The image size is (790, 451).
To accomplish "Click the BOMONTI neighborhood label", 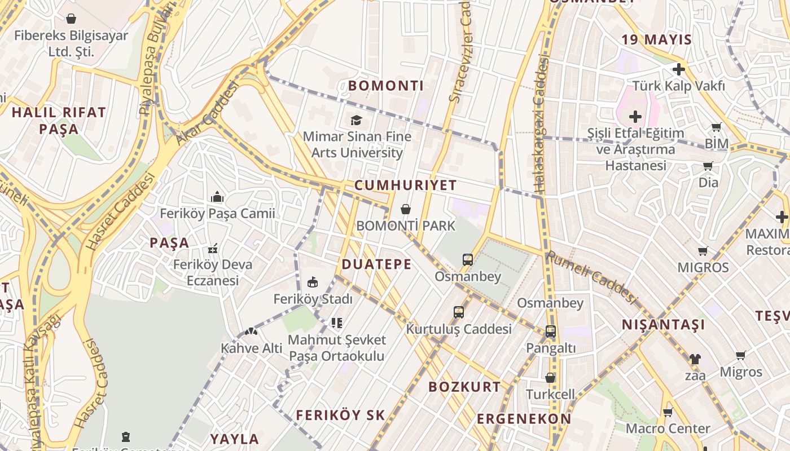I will [386, 86].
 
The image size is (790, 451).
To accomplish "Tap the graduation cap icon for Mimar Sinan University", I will [356, 120].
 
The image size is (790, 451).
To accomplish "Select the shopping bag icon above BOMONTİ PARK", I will [405, 210].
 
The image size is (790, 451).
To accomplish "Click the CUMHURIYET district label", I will [405, 185].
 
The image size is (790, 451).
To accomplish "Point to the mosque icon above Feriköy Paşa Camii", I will [217, 197].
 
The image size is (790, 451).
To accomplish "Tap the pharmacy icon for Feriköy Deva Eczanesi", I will [213, 248].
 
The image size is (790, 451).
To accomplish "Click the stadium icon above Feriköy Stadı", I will [313, 282].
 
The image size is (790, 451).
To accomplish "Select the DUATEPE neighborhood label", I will [376, 264].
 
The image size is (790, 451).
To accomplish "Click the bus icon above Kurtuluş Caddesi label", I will [459, 312].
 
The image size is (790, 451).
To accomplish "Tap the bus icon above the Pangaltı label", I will [551, 332].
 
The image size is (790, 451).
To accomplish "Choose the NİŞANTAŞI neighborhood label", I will [664, 325].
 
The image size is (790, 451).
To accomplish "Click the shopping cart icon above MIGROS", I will [703, 251].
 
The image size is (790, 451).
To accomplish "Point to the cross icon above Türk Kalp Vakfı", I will [679, 69].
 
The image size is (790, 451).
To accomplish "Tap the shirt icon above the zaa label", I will [695, 359].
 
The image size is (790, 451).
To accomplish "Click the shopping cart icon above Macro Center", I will [668, 412].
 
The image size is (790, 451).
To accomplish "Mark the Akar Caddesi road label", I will [208, 113].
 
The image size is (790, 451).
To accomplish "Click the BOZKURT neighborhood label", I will [464, 387].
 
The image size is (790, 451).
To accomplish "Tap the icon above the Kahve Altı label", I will [251, 332].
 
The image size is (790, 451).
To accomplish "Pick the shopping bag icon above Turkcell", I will [550, 378].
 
